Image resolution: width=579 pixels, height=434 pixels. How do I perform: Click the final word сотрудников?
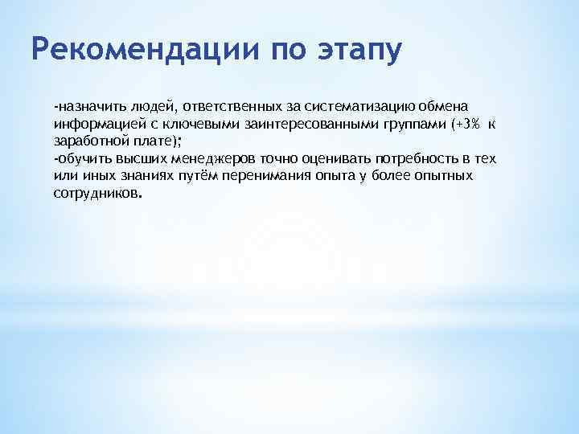pyautogui.click(x=96, y=194)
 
